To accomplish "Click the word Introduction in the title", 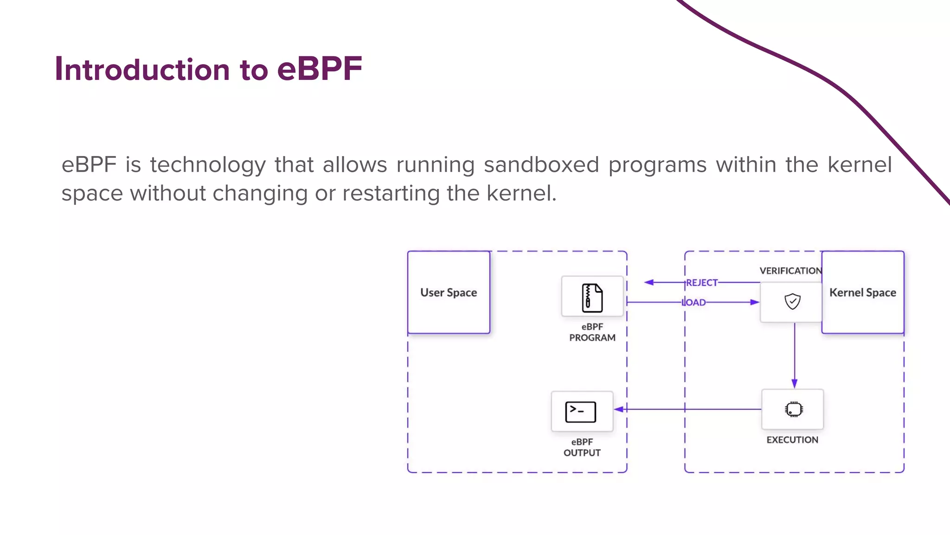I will point(142,70).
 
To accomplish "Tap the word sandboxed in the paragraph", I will point(541,165).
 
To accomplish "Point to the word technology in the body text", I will point(207,165).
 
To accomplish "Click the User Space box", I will point(449,293).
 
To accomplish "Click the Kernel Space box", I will point(862,293).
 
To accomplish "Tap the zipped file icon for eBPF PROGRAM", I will point(592,298).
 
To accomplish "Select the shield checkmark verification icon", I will point(792,301).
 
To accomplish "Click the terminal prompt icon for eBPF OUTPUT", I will point(581,412).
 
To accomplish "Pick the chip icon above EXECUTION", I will point(794,409).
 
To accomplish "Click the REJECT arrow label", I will point(702,282).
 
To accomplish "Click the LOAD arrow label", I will point(694,302).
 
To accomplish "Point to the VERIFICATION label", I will point(790,271).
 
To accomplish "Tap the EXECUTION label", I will point(792,440).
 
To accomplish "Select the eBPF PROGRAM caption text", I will point(592,333).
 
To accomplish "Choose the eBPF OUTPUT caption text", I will point(582,447).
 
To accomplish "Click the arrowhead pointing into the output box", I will point(619,409).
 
